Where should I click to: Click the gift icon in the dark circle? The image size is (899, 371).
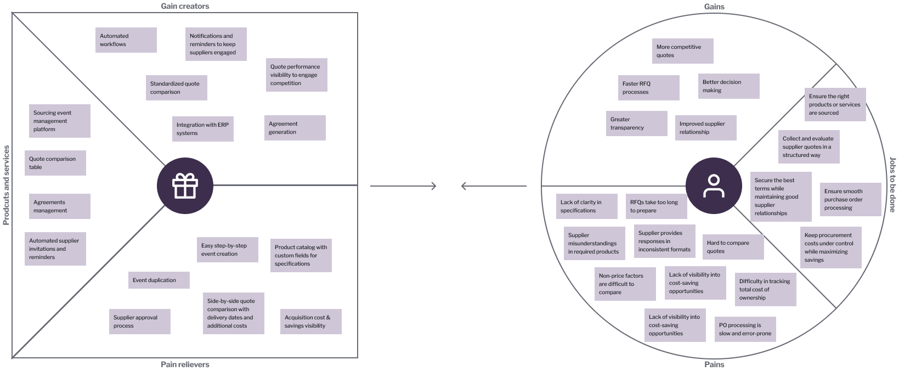185,185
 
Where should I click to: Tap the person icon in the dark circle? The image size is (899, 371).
714,185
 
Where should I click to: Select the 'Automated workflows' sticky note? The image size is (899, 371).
126,40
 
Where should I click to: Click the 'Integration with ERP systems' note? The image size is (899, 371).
202,128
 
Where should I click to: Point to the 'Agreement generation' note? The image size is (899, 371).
295,128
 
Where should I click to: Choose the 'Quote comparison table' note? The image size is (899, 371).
55,163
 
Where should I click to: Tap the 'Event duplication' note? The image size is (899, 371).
159,280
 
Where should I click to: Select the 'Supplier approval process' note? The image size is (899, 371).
139,322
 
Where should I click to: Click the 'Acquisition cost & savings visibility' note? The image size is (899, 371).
310,322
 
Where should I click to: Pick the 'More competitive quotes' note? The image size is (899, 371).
682,51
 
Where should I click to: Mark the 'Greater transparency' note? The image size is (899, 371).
636,123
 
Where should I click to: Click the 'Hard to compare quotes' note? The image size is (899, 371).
733,247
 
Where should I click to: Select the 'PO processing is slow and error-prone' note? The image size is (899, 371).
745,329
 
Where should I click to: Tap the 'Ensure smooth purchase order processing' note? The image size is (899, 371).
850,200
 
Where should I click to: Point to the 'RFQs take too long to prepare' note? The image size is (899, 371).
656,206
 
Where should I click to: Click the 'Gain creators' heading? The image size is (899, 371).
185,6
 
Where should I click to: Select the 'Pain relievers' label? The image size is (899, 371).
185,364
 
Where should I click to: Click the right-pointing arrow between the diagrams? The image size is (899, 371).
403,186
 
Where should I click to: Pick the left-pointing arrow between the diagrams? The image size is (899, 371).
493,186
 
